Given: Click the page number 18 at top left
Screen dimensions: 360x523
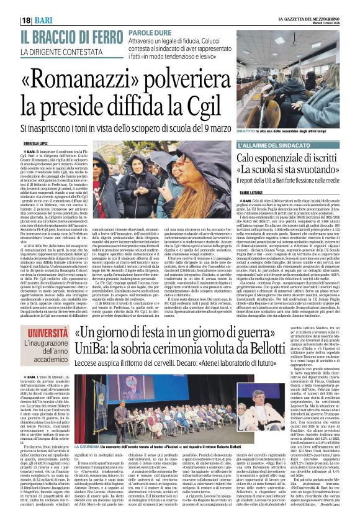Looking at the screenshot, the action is (27, 20).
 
